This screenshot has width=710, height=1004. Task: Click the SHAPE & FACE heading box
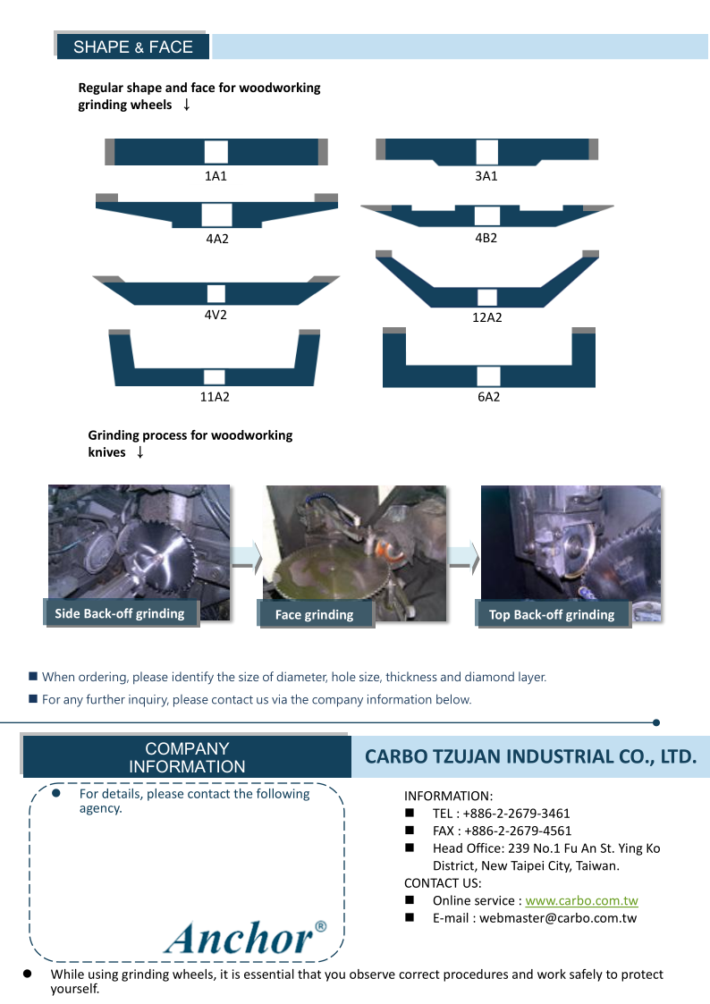pos(132,46)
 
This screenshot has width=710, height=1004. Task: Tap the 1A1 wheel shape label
pos(216,176)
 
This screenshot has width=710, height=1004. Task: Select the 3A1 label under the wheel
pos(486,176)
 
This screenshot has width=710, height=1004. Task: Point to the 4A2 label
pos(217,239)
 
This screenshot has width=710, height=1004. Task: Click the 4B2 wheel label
pos(486,238)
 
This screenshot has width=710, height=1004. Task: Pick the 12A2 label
pos(487,317)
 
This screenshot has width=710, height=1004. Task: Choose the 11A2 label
pos(215,397)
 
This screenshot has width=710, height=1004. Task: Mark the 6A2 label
pos(488,397)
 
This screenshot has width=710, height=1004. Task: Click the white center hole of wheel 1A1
pos(216,152)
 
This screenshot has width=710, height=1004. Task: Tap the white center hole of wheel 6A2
pos(488,376)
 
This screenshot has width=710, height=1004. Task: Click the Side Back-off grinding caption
pos(120,613)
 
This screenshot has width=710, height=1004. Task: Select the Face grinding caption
pos(315,615)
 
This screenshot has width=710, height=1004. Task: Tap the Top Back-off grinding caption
pos(552,615)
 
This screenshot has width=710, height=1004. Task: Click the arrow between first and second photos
pos(247,559)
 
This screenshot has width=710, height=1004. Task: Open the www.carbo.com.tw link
pos(581,900)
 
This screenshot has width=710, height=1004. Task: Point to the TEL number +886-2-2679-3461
pos(516,814)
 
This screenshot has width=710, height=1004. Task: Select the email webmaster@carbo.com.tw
pos(558,917)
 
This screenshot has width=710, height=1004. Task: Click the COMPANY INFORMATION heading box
pos(187,757)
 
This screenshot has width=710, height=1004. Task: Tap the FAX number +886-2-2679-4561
pos(518,831)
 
